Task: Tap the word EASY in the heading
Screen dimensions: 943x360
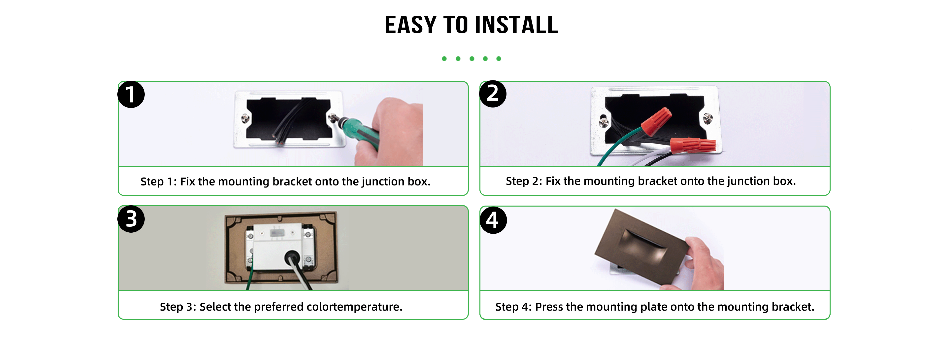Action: point(411,25)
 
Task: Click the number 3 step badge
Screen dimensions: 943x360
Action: point(131,219)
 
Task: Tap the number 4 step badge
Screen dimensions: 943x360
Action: point(493,220)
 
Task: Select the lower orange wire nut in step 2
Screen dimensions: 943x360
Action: point(693,145)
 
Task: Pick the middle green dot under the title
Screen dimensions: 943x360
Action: point(472,59)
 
